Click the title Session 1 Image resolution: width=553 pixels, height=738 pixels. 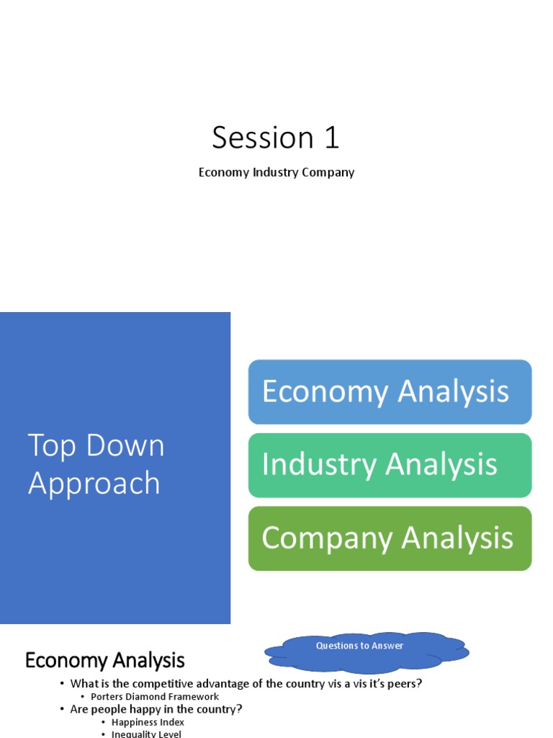pos(276,138)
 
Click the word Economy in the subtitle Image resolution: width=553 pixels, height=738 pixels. pos(223,172)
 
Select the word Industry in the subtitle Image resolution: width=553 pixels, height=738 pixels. pos(276,172)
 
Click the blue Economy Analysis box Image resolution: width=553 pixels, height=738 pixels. pos(390,392)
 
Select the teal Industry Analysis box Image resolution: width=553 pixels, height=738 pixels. pos(390,465)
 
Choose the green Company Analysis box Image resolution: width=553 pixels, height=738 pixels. pos(390,538)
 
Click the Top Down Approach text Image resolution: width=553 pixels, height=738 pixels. pos(96,464)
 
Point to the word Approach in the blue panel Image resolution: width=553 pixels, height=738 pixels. pos(94,483)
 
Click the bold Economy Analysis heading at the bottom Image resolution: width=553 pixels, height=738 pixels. pos(105,660)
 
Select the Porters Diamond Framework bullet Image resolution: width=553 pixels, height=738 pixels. pos(155,697)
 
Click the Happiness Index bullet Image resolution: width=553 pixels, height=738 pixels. pos(148,722)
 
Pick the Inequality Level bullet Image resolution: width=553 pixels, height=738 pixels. pos(146,734)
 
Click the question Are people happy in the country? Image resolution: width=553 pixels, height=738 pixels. pos(156,709)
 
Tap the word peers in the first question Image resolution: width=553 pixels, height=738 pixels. pos(403,683)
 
